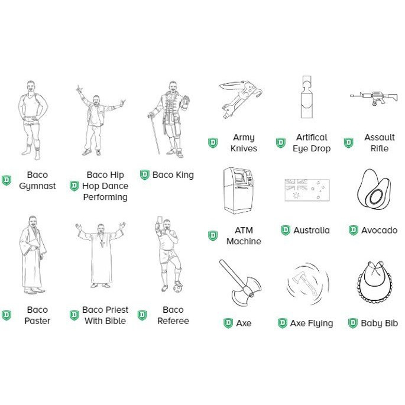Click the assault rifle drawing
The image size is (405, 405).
point(374,98)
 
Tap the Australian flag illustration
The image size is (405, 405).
point(307,190)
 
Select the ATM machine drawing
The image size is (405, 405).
point(238,190)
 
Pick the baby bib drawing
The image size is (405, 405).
point(374,282)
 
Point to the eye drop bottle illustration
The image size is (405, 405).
point(307,97)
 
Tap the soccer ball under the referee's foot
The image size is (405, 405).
point(178,288)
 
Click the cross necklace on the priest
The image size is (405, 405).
point(102,243)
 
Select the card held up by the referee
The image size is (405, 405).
point(159,220)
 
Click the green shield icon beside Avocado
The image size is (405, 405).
point(353,230)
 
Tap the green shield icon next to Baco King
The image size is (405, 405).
point(145,175)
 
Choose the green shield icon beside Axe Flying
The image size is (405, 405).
point(282,323)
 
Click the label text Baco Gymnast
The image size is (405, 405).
point(37,180)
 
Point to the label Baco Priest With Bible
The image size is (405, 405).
point(105,315)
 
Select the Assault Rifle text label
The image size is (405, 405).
point(379,143)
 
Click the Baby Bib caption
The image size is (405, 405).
point(379,323)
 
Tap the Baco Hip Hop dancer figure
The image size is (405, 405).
point(98,120)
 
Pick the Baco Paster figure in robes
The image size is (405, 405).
point(33,255)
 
